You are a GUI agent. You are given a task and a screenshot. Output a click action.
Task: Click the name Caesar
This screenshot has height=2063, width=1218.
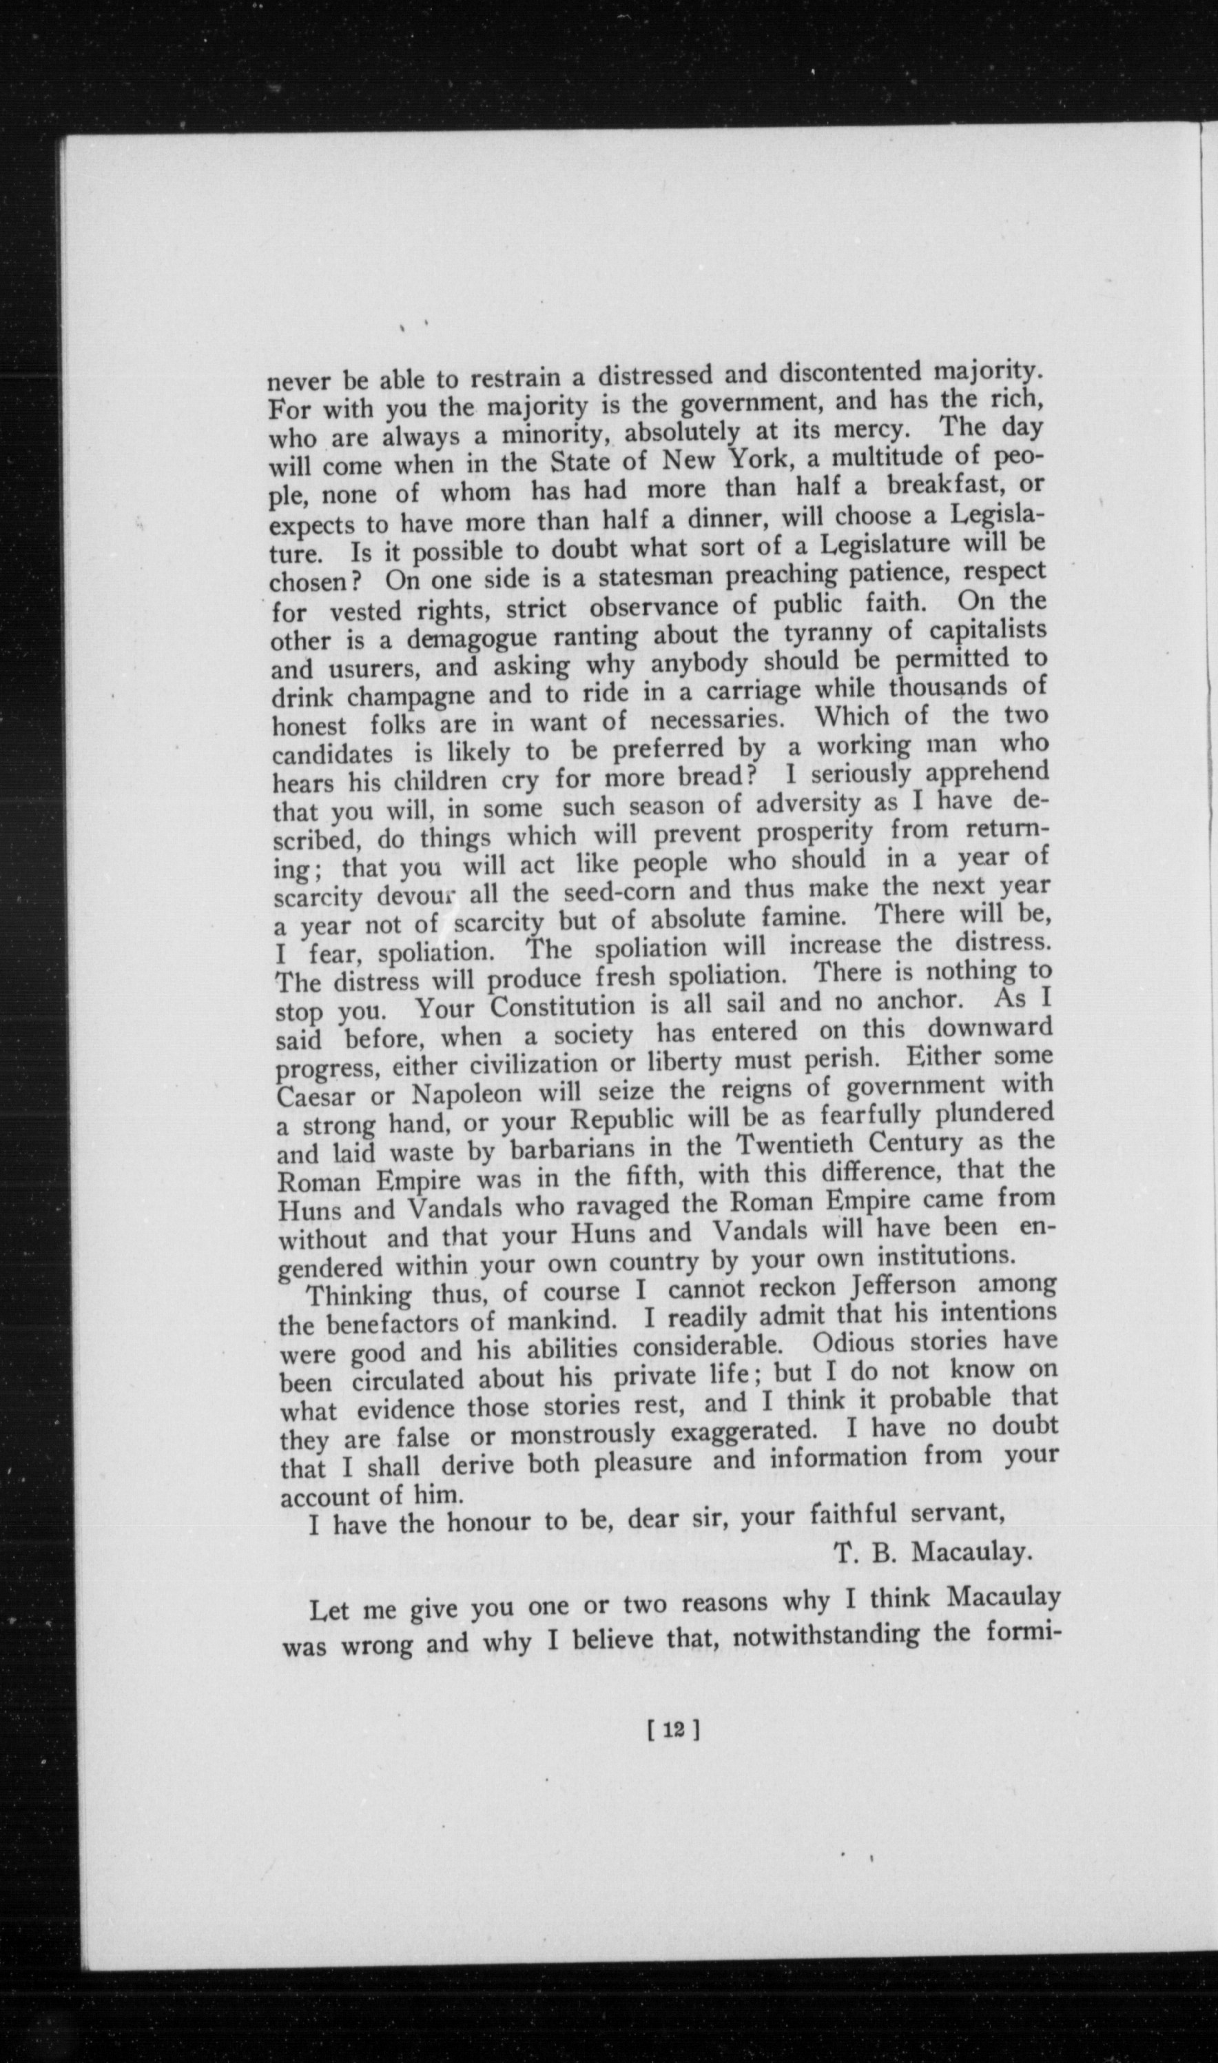coord(316,1097)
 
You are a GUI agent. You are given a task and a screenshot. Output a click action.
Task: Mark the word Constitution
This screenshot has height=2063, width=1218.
coord(566,1006)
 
